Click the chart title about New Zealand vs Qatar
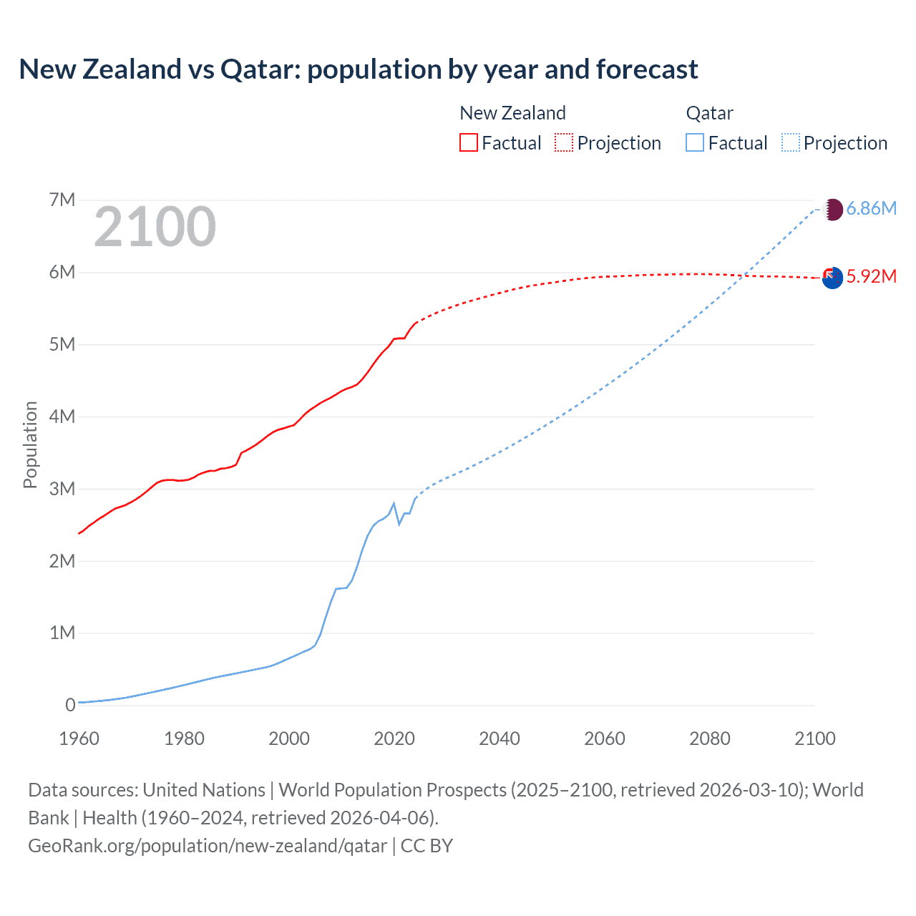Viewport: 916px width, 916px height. point(358,69)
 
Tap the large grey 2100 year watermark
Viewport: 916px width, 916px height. point(155,227)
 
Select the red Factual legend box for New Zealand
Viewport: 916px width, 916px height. point(468,143)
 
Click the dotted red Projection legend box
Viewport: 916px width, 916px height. point(564,143)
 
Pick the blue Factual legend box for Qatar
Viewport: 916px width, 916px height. point(694,143)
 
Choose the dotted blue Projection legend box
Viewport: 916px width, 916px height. point(790,143)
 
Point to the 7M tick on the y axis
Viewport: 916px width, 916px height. point(62,200)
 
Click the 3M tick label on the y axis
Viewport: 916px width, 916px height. point(62,489)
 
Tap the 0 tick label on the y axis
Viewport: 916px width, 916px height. point(70,705)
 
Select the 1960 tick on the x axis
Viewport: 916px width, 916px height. point(79,739)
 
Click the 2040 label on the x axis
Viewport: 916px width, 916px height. point(500,739)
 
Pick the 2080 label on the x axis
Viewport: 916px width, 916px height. point(710,739)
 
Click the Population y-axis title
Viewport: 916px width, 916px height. point(30,445)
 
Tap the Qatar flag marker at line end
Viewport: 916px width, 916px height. point(833,210)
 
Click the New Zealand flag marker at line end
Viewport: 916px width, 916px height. point(832,278)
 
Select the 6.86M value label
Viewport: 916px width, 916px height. point(872,208)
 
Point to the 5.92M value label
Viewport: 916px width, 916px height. point(872,276)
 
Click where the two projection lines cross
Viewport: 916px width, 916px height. point(745,276)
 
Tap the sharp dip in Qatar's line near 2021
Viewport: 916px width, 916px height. point(399,524)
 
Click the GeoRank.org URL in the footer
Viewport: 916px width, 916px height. point(208,846)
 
